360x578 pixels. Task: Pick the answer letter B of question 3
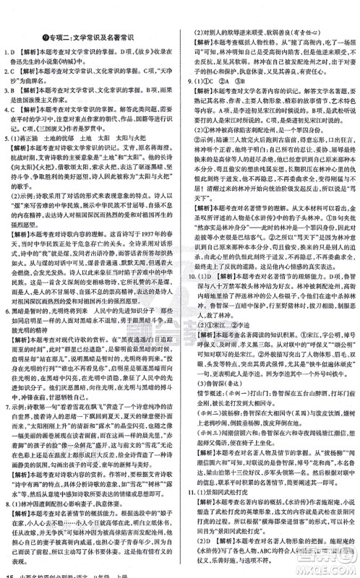click(x=14, y=71)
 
